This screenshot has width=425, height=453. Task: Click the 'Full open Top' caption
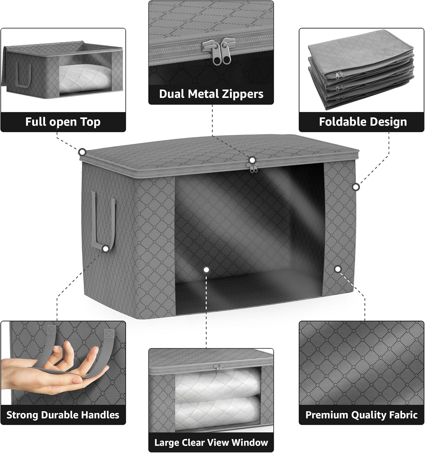click(x=63, y=122)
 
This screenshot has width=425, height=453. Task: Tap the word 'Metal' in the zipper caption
click(x=211, y=94)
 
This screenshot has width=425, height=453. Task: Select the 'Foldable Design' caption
click(x=363, y=122)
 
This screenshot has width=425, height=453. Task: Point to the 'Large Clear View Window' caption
click(x=211, y=443)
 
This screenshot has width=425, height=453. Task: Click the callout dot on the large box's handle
click(x=105, y=249)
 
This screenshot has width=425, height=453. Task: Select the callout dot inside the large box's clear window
click(x=206, y=269)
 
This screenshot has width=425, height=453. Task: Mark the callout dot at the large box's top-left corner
click(x=82, y=152)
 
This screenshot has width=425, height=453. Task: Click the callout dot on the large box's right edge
click(x=356, y=187)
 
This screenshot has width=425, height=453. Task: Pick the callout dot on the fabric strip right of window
click(x=338, y=269)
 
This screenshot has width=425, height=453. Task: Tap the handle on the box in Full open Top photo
click(x=24, y=75)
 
